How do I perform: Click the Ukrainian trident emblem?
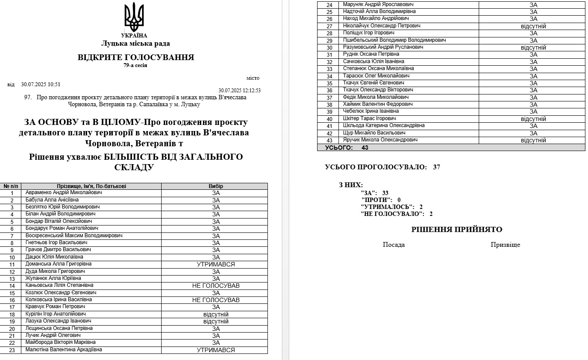[x=134, y=17]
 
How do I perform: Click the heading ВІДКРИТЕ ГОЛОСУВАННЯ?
[x=136, y=57]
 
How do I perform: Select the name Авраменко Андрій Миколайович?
[x=64, y=192]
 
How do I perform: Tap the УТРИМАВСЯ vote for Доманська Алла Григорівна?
[x=216, y=264]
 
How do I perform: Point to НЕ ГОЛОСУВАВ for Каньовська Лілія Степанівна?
[x=216, y=286]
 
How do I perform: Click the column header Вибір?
[x=216, y=186]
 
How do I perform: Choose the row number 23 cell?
[x=12, y=350]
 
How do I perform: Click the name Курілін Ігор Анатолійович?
[x=55, y=314]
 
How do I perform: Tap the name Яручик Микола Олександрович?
[x=380, y=140]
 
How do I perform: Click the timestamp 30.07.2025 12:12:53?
[x=240, y=91]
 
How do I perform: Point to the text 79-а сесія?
[x=135, y=65]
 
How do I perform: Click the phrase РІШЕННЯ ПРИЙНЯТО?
[x=456, y=229]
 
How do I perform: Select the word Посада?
[x=394, y=245]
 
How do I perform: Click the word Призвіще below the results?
[x=505, y=245]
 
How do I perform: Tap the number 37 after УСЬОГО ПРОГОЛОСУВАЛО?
[x=436, y=167]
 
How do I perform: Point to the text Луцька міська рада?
[x=135, y=44]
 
